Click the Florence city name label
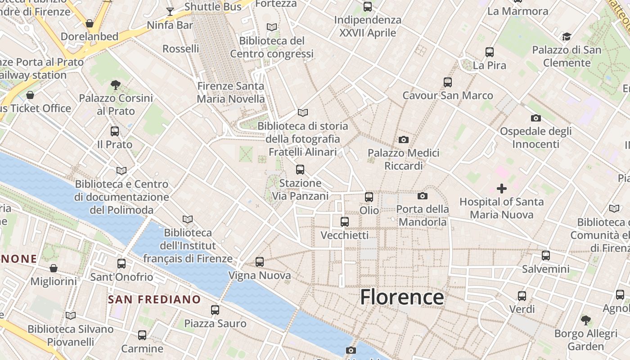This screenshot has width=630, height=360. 402,297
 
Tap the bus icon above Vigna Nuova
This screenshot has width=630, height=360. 260,262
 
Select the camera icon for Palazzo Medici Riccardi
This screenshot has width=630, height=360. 404,140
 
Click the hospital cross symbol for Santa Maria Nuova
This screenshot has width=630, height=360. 502,189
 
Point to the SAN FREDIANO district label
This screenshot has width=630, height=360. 154,299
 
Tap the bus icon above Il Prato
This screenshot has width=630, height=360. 115,131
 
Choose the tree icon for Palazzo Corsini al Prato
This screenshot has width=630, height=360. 116,85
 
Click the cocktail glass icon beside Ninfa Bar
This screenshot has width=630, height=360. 170,11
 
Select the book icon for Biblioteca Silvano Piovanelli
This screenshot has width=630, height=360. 71,315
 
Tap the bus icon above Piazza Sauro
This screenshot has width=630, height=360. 215,310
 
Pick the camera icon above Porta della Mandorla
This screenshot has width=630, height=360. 422,196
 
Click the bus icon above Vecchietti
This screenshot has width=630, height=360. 345,221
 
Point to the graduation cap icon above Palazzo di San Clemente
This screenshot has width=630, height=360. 567,36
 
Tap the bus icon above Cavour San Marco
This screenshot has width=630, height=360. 447,82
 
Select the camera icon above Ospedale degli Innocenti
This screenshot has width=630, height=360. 535,118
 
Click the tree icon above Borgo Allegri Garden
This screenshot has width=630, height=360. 585,320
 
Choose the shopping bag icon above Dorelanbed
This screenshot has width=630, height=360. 90,23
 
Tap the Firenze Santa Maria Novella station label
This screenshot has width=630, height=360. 231,92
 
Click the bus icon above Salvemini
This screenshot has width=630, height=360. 546,256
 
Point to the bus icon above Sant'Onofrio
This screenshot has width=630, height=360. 121,264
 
